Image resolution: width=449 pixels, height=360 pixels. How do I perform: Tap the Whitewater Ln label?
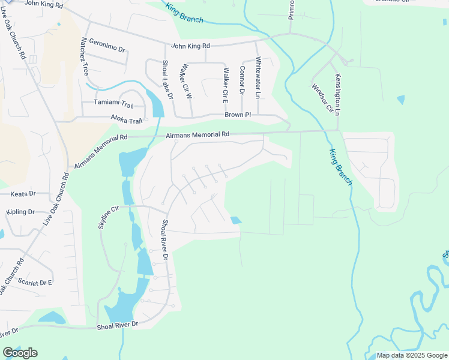tap(258, 77)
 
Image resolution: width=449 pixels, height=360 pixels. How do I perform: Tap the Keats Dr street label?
tap(23, 194)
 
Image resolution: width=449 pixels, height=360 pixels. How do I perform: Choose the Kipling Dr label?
tap(20, 212)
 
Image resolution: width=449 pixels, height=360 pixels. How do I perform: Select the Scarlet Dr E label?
tap(35, 281)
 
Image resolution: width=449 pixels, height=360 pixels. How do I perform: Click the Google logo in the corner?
tap(20, 352)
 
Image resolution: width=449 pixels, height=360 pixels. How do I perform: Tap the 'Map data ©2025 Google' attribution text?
tap(411, 355)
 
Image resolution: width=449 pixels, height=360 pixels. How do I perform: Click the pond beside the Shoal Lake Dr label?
tap(157, 106)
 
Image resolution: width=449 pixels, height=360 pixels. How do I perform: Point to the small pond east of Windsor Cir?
tap(400, 100)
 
